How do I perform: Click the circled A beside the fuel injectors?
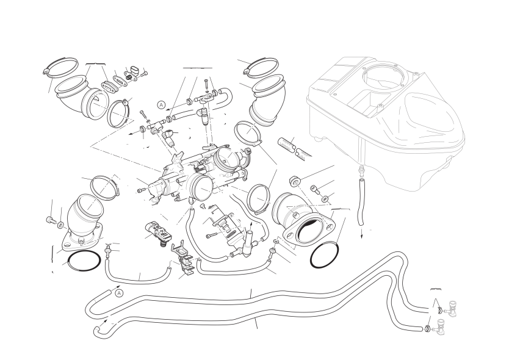tap(162, 105)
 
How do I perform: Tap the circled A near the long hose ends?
tap(120, 293)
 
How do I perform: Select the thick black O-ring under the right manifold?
tap(325, 254)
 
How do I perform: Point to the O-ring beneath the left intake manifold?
tap(84, 260)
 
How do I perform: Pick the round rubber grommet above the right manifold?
tap(295, 181)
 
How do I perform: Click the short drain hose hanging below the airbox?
tap(361, 202)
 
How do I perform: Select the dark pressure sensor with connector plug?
tap(157, 232)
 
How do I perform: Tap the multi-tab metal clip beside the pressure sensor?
tap(184, 258)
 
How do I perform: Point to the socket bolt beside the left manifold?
tap(50, 220)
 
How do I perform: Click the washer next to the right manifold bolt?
tap(325, 198)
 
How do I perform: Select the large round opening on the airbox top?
tap(384, 77)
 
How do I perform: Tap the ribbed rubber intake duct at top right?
tap(268, 100)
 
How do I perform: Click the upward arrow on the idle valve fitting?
tap(251, 226)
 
